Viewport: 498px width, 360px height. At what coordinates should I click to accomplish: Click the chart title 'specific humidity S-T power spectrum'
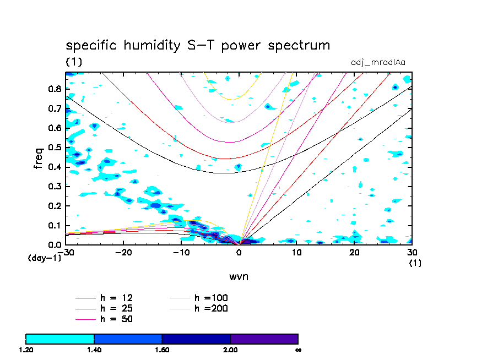click(198, 45)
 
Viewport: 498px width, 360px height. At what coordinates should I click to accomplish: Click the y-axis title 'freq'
click(39, 158)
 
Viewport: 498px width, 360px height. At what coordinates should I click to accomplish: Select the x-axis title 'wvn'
click(239, 276)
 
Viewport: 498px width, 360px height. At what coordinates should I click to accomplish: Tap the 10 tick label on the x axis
click(296, 252)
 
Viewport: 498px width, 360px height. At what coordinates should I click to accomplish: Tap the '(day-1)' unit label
click(44, 258)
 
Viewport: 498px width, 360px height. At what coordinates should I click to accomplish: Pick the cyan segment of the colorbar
click(60, 339)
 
